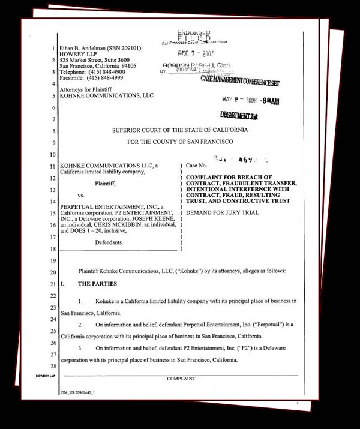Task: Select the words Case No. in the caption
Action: pyautogui.click(x=197, y=164)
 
